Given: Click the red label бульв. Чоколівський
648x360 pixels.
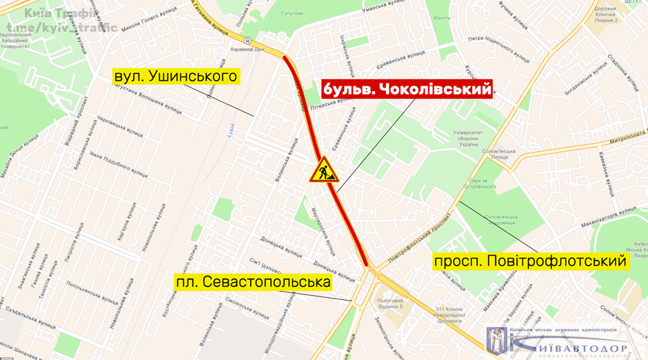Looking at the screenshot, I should pos(407,90).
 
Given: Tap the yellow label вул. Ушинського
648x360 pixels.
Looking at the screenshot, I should pos(176,76).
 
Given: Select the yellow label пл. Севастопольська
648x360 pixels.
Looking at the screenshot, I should pos(253,282).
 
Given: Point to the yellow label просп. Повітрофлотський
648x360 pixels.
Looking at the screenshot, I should pos(530,261).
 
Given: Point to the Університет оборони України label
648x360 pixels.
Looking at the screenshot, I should pos(466,139).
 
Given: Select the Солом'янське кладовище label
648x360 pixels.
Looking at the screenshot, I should pos(500,219).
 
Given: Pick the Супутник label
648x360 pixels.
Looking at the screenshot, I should pos(292,14).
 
